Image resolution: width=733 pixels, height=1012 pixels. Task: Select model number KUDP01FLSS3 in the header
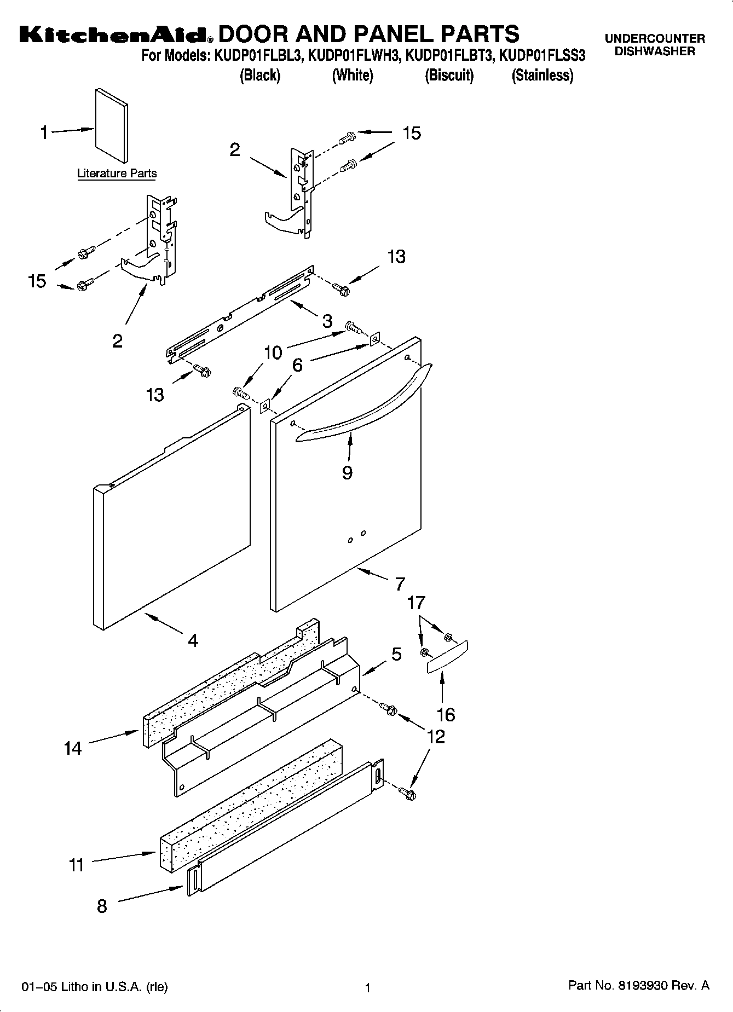pyautogui.click(x=542, y=56)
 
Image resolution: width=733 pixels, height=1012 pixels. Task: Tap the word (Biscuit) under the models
pyautogui.click(x=449, y=76)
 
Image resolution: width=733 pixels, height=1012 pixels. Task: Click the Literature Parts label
pyautogui.click(x=117, y=174)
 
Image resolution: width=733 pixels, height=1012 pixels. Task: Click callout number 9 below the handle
pyautogui.click(x=347, y=472)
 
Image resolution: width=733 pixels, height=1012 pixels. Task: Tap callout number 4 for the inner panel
pyautogui.click(x=193, y=640)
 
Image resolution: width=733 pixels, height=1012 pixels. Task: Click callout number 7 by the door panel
pyautogui.click(x=400, y=583)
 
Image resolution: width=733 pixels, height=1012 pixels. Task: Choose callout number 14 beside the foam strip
pyautogui.click(x=73, y=748)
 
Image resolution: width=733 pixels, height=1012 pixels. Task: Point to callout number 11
pyautogui.click(x=77, y=865)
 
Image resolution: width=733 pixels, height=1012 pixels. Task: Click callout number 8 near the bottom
pyautogui.click(x=102, y=906)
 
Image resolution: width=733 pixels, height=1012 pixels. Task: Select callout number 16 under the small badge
pyautogui.click(x=446, y=714)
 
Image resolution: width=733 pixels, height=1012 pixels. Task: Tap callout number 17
pyautogui.click(x=416, y=603)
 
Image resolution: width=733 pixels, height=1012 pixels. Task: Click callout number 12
pyautogui.click(x=436, y=737)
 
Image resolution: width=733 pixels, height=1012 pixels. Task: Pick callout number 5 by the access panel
pyautogui.click(x=396, y=654)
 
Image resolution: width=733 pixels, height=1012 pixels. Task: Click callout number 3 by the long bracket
pyautogui.click(x=327, y=321)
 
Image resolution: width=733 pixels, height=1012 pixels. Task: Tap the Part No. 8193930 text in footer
pyautogui.click(x=638, y=986)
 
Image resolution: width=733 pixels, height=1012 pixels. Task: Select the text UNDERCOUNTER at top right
pyautogui.click(x=655, y=39)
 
